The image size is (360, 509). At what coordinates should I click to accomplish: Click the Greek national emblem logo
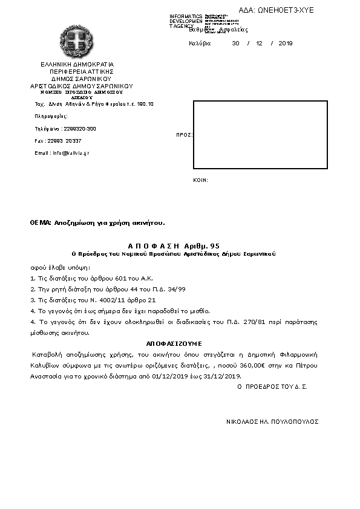coord(76,42)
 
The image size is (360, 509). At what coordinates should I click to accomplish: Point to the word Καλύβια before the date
coord(200,44)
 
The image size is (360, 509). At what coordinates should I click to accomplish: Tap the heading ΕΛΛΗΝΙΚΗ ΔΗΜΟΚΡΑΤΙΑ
coord(77,64)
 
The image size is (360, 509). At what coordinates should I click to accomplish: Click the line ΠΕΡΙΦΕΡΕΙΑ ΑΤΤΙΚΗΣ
coord(77,71)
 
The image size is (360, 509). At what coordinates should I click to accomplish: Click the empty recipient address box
coord(260,135)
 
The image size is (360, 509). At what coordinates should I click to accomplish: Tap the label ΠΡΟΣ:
coord(184,135)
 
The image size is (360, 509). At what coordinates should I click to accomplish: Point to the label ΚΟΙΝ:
coord(200,180)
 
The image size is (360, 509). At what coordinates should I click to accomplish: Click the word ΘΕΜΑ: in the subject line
coord(41,223)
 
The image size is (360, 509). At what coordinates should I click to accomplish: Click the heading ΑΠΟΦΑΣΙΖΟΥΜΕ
coord(174,343)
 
